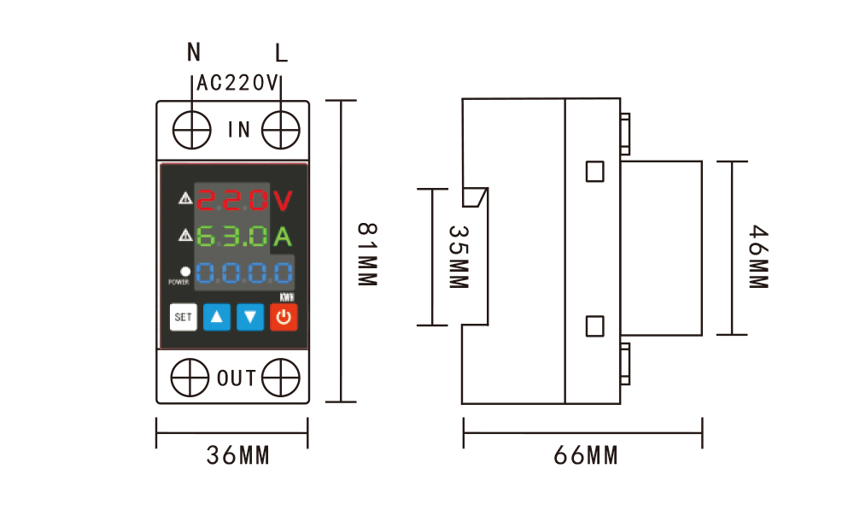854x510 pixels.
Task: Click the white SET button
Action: click(x=183, y=317)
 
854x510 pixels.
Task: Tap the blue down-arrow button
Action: click(x=250, y=317)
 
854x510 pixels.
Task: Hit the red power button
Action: click(x=284, y=317)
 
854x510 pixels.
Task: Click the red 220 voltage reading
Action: click(x=232, y=200)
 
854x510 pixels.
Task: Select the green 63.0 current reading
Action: click(x=232, y=237)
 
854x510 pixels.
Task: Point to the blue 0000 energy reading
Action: click(x=244, y=273)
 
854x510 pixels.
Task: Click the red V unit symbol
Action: click(x=283, y=201)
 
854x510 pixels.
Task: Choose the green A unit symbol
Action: click(x=283, y=237)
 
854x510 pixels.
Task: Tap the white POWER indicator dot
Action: click(x=185, y=272)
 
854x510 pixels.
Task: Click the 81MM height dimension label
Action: click(x=367, y=254)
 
